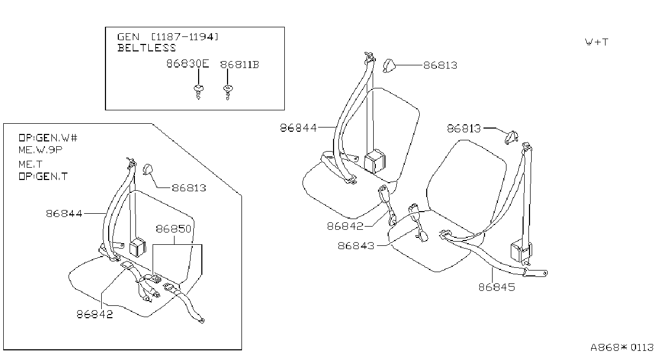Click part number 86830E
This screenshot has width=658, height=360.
pyautogui.click(x=188, y=63)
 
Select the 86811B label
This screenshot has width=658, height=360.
pyautogui.click(x=240, y=65)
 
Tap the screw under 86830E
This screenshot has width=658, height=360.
pyautogui.click(x=199, y=92)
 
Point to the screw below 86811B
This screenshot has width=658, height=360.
pyautogui.click(x=228, y=92)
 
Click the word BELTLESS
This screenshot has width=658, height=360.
pyautogui.click(x=147, y=48)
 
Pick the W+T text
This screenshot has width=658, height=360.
pyautogui.click(x=596, y=42)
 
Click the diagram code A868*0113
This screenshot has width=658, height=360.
pyautogui.click(x=622, y=348)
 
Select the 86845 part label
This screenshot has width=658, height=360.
pyautogui.click(x=497, y=287)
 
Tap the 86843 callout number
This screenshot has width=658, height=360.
pyautogui.click(x=356, y=246)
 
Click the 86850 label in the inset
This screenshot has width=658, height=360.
pyautogui.click(x=173, y=229)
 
